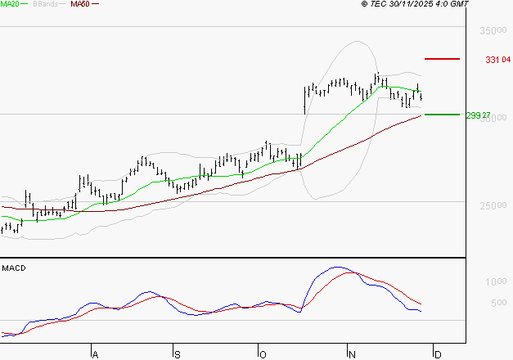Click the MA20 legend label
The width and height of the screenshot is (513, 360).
[9, 4]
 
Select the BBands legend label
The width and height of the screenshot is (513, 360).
[45, 4]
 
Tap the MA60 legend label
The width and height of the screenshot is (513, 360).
[80, 4]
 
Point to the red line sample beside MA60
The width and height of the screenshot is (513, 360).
[95, 4]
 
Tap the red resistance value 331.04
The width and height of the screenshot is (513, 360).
[497, 60]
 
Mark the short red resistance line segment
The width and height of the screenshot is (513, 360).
[442, 59]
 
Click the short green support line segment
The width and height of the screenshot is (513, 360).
[442, 115]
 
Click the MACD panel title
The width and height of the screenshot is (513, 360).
[14, 268]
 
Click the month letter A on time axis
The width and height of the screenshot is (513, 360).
[95, 354]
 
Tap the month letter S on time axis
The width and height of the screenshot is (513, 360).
[178, 354]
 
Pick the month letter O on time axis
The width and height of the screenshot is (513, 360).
[263, 354]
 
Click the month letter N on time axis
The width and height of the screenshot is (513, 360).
[352, 354]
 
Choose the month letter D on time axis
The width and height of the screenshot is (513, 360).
[438, 354]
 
